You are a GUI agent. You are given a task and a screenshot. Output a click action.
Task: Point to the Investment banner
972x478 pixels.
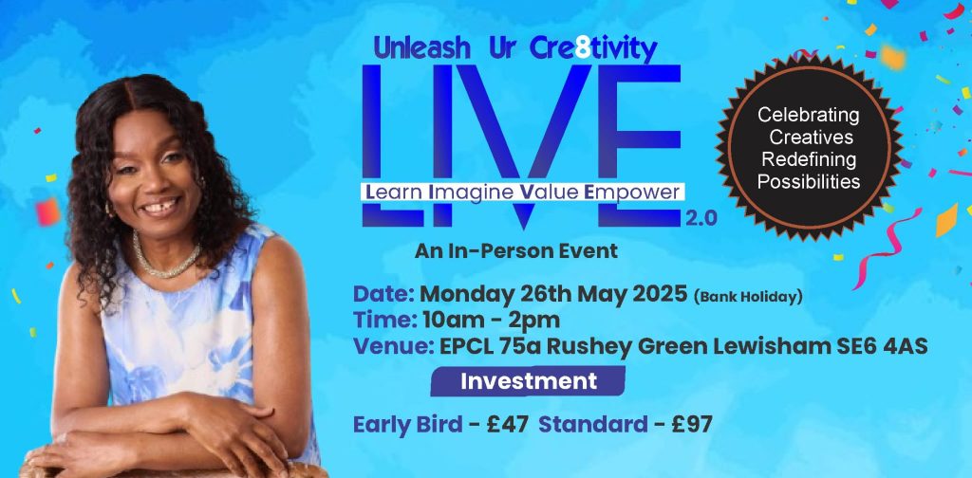(x=529, y=381)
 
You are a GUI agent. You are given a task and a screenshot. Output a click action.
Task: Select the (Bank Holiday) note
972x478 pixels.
(x=749, y=296)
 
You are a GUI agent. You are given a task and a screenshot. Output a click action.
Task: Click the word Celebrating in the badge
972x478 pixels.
(x=808, y=116)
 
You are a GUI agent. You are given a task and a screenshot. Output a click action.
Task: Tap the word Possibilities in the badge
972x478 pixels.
(x=808, y=180)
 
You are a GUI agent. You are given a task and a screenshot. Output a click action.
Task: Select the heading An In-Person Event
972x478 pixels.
(x=516, y=251)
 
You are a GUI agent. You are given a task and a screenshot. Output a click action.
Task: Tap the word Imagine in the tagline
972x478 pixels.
(x=469, y=191)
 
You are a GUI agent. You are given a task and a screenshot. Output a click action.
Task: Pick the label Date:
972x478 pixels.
(x=383, y=294)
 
